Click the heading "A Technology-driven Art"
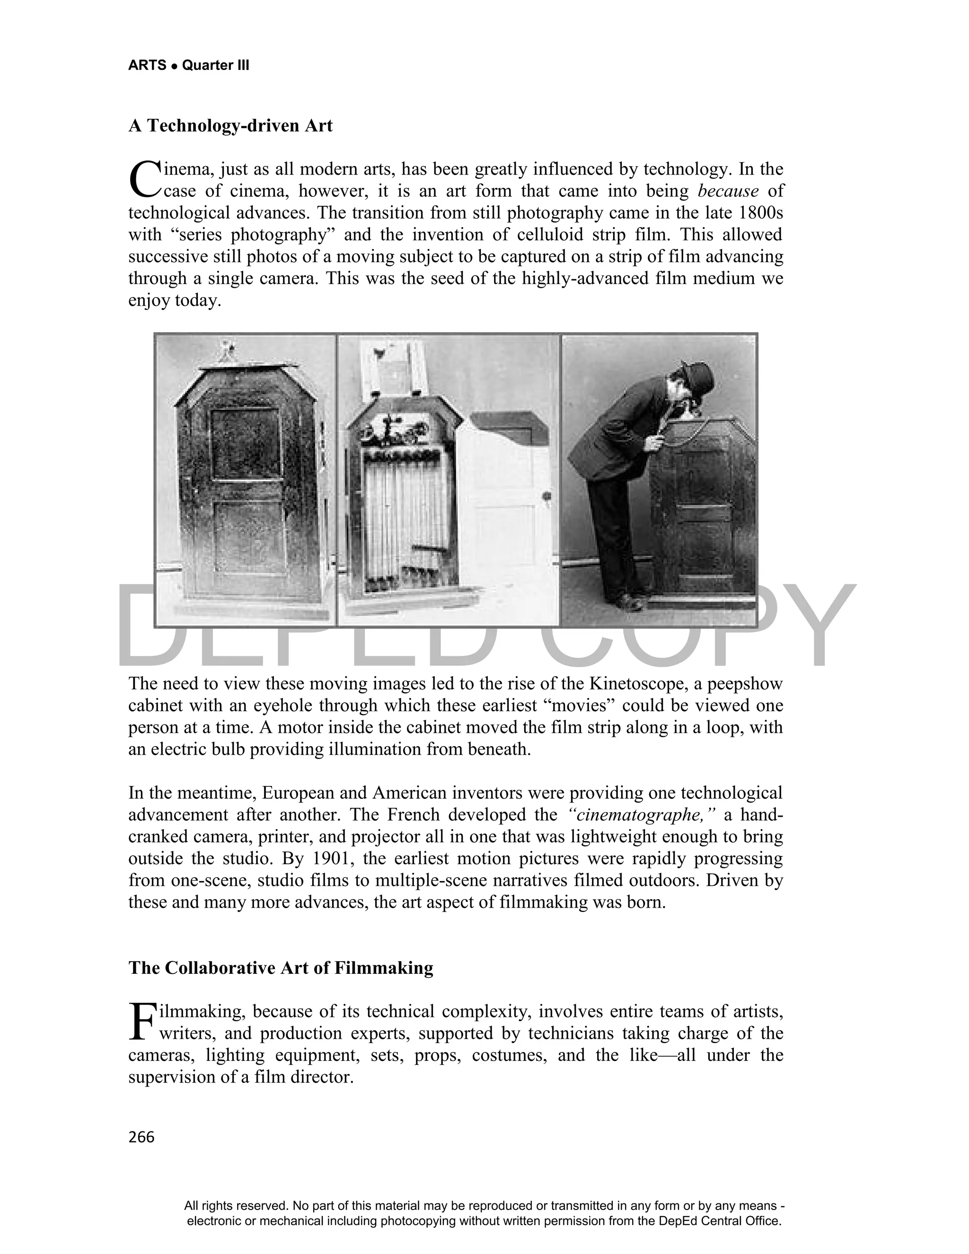coord(230,126)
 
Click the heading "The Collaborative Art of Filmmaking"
coord(281,968)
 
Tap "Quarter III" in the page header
coord(215,65)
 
